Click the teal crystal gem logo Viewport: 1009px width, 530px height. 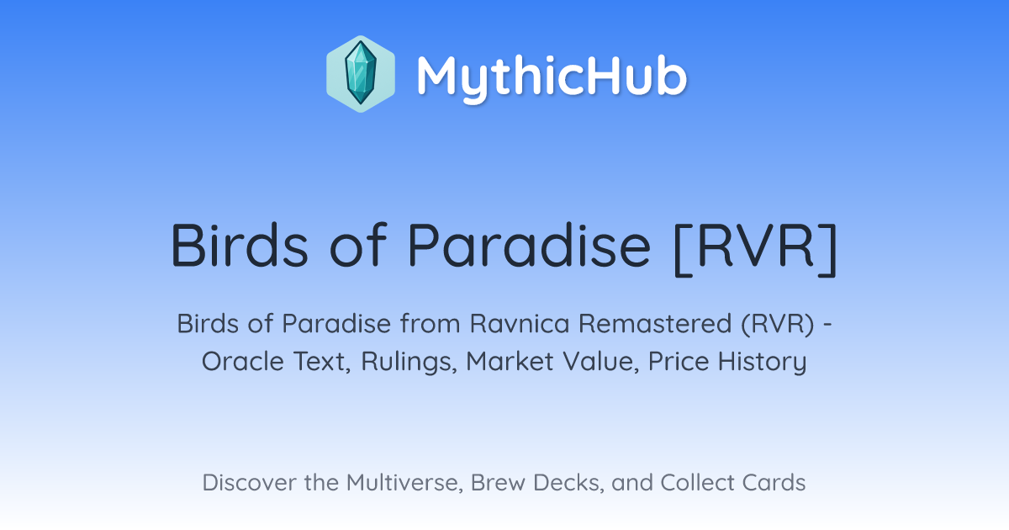coord(361,73)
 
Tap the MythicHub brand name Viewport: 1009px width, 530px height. coord(552,77)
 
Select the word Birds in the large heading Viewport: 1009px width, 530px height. coord(240,246)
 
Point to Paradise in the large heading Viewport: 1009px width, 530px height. coord(529,246)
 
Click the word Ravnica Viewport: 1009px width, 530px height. coord(520,324)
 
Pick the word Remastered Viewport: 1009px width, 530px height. coord(655,324)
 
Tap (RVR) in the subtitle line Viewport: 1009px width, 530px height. coord(779,324)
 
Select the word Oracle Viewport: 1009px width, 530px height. coord(243,362)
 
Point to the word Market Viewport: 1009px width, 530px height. coord(510,362)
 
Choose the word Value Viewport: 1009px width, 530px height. coord(601,362)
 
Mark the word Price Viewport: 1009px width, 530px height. coord(679,362)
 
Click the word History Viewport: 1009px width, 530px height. coord(762,363)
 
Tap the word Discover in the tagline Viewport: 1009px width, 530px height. coord(249,483)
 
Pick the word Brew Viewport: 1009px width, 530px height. coord(498,483)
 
